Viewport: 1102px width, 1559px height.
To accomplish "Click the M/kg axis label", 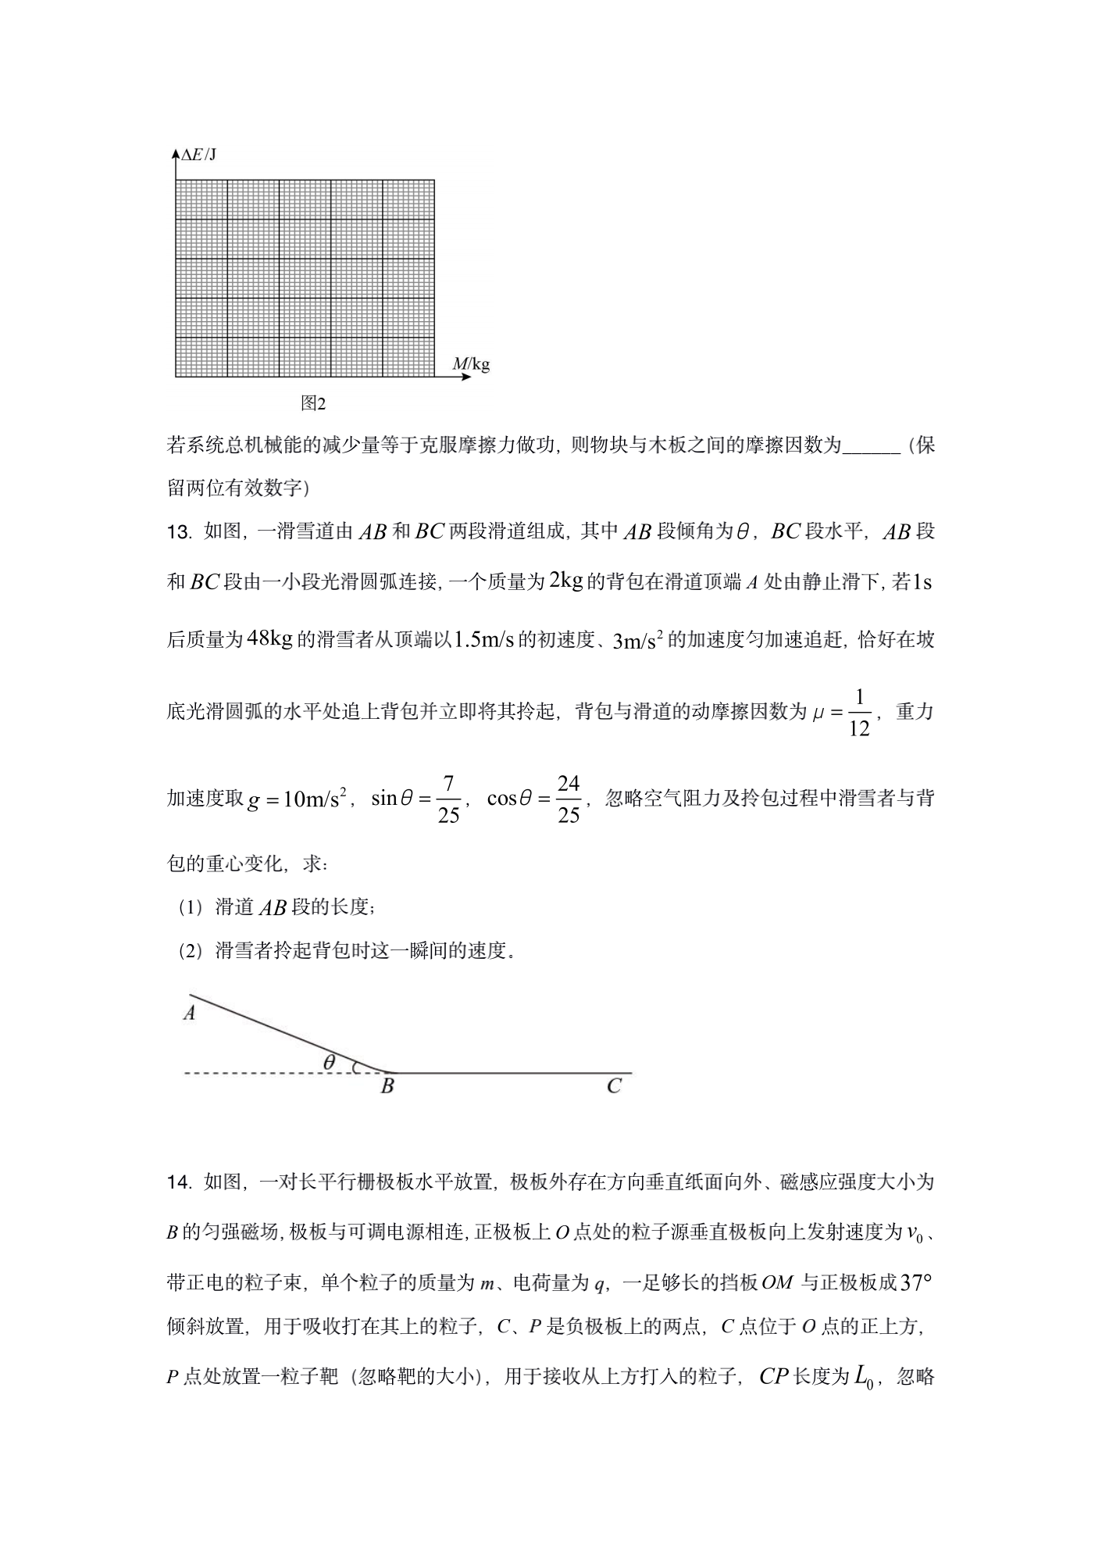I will tap(471, 363).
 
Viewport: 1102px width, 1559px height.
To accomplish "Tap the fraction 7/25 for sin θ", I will tap(448, 799).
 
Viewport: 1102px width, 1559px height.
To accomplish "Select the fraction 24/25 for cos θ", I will tap(569, 799).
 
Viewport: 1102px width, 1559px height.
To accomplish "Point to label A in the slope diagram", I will tap(189, 1014).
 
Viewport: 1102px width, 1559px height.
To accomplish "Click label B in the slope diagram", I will tap(387, 1085).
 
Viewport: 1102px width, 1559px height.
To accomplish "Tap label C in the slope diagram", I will tap(614, 1085).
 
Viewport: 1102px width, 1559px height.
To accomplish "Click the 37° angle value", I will tap(917, 1283).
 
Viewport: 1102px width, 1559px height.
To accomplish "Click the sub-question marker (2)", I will tap(190, 952).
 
